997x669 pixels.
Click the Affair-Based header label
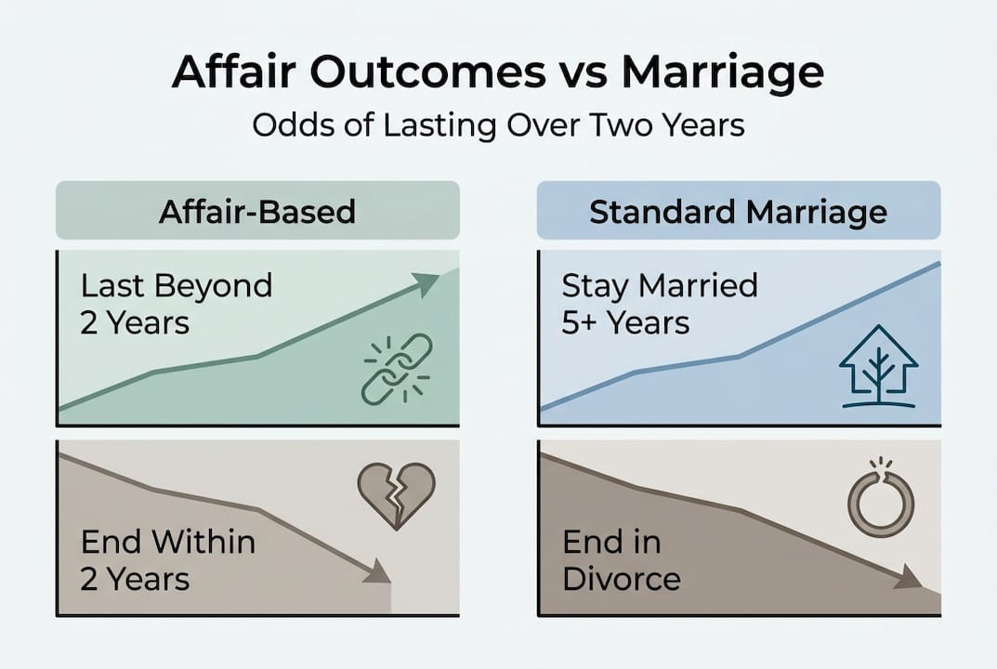click(x=257, y=212)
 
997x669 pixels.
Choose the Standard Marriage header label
click(x=739, y=212)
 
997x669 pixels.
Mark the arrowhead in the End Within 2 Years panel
click(x=376, y=571)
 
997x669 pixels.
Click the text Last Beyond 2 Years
click(x=177, y=304)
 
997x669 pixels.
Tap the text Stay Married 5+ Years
click(x=660, y=304)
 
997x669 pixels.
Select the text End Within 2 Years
click(x=168, y=559)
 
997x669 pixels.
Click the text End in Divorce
click(x=622, y=560)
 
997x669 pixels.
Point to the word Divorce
click(x=622, y=579)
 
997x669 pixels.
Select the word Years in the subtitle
click(x=702, y=125)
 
